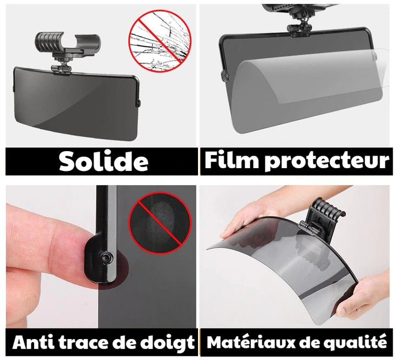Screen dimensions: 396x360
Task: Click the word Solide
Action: point(103,162)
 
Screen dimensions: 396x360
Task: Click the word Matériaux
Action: point(251,342)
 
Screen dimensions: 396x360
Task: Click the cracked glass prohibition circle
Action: point(160,41)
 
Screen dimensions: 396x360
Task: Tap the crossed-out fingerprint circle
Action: point(159,224)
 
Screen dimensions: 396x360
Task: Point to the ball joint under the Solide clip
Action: point(61,69)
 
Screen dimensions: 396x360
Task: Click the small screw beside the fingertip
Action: point(106,258)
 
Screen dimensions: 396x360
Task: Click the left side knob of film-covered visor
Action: point(224,76)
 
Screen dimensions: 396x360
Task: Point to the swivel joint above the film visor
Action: point(300,27)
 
